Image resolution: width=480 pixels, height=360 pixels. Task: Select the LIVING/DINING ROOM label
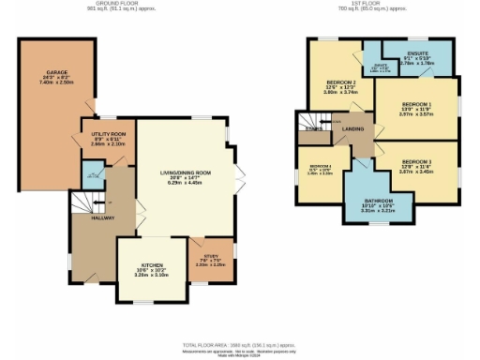[x=183, y=172]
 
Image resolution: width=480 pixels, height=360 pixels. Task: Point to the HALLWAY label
[x=102, y=218]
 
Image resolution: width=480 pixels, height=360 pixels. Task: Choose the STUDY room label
[x=210, y=255]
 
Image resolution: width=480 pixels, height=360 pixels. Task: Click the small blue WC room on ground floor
[x=92, y=172]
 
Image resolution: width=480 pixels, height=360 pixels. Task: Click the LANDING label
[x=353, y=129]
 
